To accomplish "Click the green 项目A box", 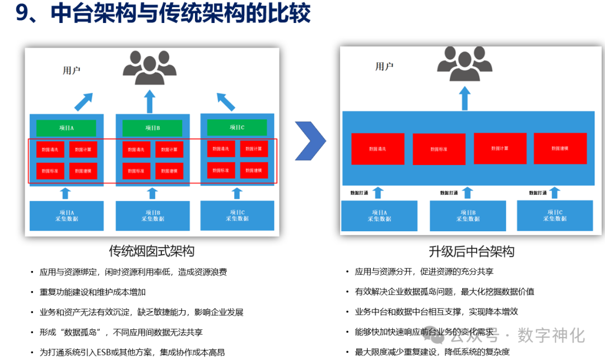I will click(x=66, y=128).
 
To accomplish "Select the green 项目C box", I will click(x=237, y=127).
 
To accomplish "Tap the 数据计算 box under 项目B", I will click(x=169, y=149).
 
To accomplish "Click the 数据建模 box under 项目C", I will click(x=254, y=170).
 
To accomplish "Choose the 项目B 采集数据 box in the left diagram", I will click(x=152, y=216).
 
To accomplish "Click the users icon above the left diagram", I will click(x=150, y=68).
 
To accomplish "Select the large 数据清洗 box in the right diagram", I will click(x=378, y=149).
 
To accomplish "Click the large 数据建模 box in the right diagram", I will click(x=560, y=148).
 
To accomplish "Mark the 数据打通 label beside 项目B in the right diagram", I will click(x=449, y=193).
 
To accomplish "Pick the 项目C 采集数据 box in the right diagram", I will click(x=555, y=216).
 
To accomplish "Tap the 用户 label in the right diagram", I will click(x=384, y=67).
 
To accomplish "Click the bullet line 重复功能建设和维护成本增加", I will click(x=92, y=292).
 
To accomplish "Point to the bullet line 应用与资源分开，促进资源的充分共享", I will click(x=424, y=272).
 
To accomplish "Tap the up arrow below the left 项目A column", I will click(x=66, y=193).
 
